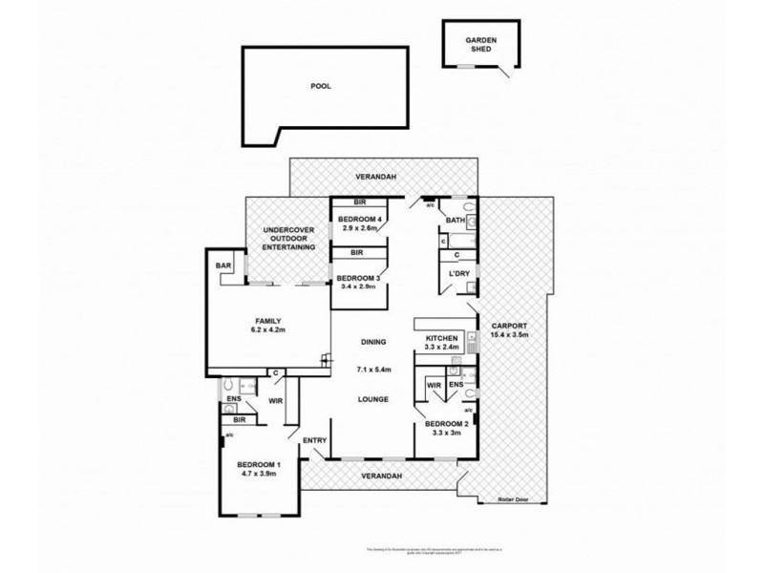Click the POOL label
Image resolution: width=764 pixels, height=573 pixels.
coord(321,86)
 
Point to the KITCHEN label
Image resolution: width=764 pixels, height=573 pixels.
coord(443,339)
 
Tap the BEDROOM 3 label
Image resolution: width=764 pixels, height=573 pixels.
coord(358,278)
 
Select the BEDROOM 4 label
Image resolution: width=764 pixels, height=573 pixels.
coord(361,220)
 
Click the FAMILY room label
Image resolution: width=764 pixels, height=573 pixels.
coord(267,321)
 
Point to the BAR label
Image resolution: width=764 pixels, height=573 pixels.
coord(224,265)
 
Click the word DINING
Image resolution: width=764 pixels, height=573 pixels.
coord(373,342)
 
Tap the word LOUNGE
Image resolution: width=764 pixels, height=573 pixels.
coord(373,399)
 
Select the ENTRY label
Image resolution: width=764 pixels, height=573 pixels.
coord(315,440)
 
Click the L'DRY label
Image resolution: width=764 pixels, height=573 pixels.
coord(456,275)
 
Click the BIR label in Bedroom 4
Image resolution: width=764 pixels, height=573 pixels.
coord(360,203)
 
